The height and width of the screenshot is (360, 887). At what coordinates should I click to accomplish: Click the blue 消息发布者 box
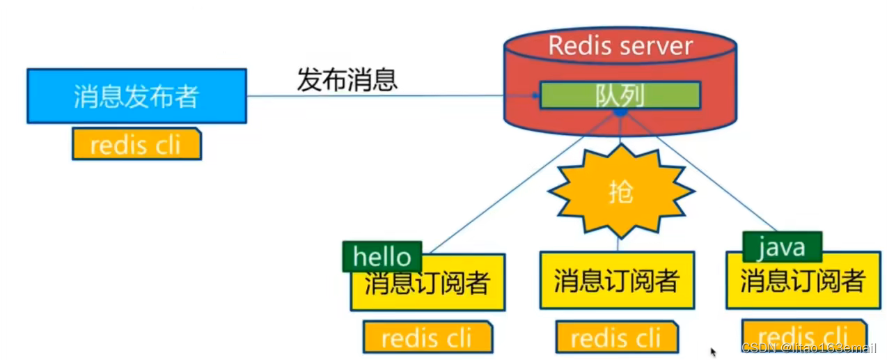[136, 96]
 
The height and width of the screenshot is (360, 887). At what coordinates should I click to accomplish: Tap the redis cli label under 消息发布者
[136, 144]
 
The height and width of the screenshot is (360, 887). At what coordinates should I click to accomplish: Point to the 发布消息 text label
[347, 79]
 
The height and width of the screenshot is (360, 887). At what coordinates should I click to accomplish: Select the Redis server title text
[620, 46]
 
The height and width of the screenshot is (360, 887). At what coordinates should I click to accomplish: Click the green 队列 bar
[620, 95]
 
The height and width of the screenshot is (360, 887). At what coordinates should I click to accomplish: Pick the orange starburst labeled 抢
[620, 191]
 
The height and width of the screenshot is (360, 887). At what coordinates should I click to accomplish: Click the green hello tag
[382, 256]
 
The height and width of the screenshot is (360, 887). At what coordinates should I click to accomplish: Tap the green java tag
[782, 247]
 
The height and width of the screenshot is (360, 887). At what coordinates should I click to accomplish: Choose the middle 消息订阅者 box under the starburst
[617, 281]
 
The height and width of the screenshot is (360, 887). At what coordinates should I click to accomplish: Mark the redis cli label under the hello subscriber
[427, 338]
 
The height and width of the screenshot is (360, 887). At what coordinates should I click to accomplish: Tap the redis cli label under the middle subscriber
[616, 338]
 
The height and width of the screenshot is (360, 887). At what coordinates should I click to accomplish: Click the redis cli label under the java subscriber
[803, 334]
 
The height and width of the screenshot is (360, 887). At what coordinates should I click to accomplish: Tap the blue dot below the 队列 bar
[620, 112]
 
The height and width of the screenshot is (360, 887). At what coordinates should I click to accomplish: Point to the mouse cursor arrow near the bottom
[713, 352]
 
